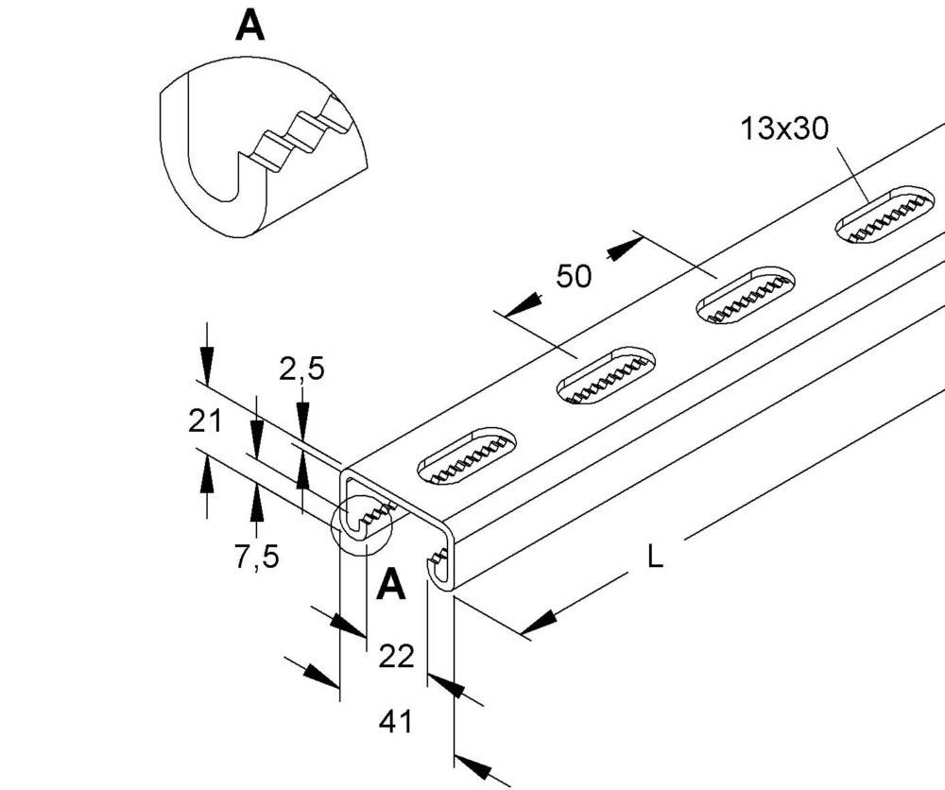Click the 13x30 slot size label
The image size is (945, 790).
click(784, 129)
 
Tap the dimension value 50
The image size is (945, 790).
click(574, 276)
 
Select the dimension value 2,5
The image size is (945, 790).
click(301, 369)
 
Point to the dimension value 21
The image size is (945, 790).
click(205, 421)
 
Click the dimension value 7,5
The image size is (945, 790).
click(257, 557)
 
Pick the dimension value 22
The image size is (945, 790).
click(396, 656)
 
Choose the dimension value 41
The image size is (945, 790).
click(395, 721)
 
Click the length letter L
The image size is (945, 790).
click(655, 557)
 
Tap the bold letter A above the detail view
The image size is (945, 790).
click(249, 26)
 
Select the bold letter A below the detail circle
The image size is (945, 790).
click(390, 585)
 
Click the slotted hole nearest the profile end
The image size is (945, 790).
click(468, 456)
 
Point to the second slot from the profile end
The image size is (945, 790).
click(607, 375)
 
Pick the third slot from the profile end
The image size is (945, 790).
click(746, 295)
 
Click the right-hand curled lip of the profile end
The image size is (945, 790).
click(436, 566)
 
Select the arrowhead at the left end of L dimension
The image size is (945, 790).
click(538, 623)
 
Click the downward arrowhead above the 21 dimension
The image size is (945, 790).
click(207, 365)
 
